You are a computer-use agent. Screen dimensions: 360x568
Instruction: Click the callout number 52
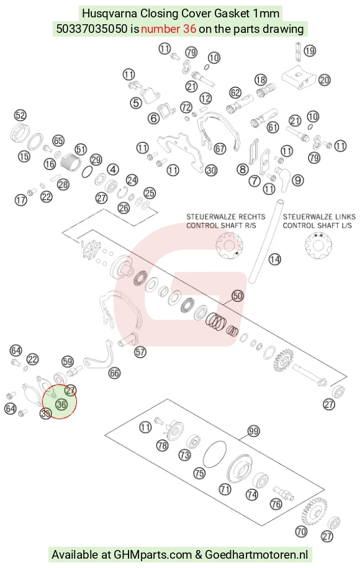[20, 115]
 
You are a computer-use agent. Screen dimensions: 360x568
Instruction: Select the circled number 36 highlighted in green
[61, 404]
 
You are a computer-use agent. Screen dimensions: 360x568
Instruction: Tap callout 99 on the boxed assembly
[253, 431]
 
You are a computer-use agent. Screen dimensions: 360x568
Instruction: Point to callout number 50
[238, 296]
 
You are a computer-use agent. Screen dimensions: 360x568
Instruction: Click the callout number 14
[274, 259]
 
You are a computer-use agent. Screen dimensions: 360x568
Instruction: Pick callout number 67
[220, 148]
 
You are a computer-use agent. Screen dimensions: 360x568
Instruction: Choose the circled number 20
[324, 79]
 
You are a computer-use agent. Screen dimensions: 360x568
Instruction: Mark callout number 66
[114, 372]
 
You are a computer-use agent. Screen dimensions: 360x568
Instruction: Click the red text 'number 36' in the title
[168, 29]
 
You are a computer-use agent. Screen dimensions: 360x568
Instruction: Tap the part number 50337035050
[92, 29]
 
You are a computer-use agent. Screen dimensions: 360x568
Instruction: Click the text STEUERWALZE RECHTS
[226, 217]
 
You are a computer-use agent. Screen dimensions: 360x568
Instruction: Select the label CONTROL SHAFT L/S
[317, 225]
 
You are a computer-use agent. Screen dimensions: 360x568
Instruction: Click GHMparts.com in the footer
[153, 554]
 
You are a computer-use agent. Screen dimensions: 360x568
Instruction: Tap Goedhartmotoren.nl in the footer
[256, 554]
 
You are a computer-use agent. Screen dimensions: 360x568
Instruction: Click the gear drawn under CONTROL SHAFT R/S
[229, 246]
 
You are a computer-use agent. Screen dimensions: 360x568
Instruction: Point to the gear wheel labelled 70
[314, 511]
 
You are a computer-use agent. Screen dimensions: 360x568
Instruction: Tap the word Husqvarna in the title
[109, 14]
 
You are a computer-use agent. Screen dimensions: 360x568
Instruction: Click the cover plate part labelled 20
[299, 77]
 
